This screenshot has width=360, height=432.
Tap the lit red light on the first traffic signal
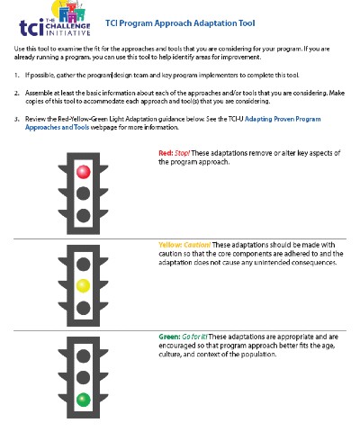point(83,171)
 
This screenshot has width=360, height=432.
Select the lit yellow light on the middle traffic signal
point(83,286)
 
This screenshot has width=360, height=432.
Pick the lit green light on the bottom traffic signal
point(83,398)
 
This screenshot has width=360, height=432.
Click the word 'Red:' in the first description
point(166,153)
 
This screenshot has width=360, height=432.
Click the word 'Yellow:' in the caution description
point(170,245)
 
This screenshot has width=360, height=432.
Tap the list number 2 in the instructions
point(16,92)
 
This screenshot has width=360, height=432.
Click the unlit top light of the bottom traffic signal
point(83,353)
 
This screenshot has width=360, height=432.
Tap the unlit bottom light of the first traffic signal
point(83,215)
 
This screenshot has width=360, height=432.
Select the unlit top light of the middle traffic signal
point(83,263)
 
